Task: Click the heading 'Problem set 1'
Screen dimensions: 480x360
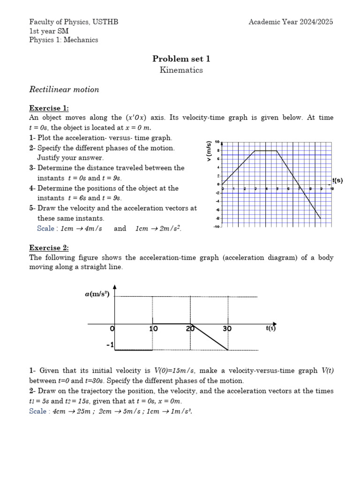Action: (181, 59)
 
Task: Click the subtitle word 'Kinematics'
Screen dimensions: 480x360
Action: (181, 70)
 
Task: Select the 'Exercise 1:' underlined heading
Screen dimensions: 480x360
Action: (49, 108)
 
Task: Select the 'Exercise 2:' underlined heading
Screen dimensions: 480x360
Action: (49, 247)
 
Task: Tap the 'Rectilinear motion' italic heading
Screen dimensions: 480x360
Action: (64, 89)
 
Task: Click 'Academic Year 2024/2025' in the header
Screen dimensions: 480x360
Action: (291, 22)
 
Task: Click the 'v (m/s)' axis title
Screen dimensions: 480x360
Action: (209, 151)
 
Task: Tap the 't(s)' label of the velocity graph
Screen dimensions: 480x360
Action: (337, 180)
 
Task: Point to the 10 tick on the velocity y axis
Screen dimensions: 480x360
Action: (217, 142)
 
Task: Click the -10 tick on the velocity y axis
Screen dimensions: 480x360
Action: (216, 227)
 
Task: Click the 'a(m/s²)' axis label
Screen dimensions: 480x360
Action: (97, 294)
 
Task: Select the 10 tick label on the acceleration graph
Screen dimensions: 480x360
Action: (153, 329)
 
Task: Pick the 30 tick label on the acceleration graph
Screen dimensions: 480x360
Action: (227, 329)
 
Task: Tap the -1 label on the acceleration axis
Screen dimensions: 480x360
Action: (110, 345)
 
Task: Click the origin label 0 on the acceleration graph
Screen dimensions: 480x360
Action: (112, 329)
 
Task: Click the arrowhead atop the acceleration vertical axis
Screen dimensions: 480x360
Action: (115, 287)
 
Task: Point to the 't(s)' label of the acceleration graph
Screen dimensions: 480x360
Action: (270, 328)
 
